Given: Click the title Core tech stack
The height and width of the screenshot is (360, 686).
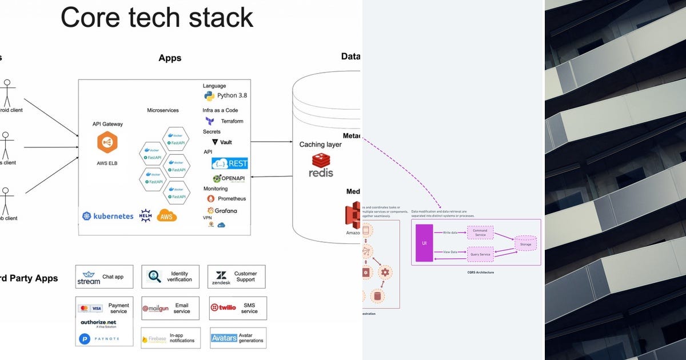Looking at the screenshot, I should [x=157, y=18].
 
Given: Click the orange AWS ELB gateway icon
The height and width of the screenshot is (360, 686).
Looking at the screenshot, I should [x=107, y=142].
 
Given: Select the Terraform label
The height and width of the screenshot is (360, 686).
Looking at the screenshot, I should [x=232, y=121].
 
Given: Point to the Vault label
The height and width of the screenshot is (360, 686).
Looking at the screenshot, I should [x=226, y=142].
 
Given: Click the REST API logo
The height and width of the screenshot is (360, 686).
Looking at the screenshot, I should [x=230, y=163].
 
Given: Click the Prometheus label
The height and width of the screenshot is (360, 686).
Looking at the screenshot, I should [x=232, y=199].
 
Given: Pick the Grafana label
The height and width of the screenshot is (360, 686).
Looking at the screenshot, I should [x=226, y=211].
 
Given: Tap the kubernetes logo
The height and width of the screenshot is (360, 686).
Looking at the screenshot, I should [x=107, y=216].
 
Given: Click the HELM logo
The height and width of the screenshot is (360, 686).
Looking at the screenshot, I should [x=145, y=215].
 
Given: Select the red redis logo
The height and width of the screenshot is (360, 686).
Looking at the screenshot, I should [x=321, y=165].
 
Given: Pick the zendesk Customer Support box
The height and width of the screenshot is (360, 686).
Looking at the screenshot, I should [x=237, y=277].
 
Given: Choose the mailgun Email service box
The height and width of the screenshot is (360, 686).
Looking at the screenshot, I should [x=170, y=308].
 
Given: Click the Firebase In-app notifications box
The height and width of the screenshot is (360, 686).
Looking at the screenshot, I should [x=170, y=338].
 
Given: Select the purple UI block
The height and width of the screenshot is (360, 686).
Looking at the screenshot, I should [x=424, y=243].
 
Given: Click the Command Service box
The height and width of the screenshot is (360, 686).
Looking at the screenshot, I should [x=480, y=233].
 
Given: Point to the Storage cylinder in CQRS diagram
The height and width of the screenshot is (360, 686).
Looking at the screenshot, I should [x=525, y=244].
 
